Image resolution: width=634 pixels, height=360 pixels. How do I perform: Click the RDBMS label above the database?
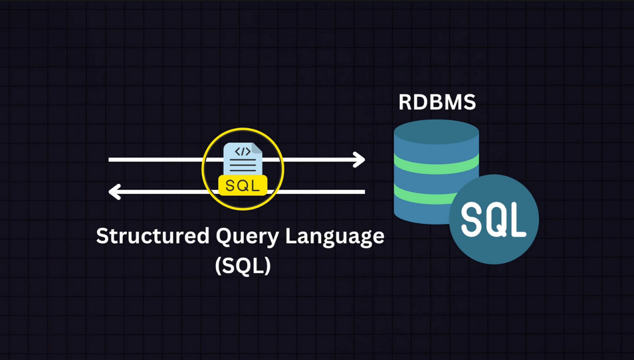pos(437,102)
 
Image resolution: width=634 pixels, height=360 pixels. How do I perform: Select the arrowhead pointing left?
pos(115,191)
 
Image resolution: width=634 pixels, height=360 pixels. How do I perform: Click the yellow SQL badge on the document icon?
pos(242,185)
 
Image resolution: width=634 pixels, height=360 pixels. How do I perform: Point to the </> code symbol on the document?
pos(242,152)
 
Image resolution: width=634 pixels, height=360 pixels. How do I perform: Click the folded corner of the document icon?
pos(257,147)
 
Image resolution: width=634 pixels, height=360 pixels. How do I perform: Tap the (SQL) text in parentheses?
pos(242,265)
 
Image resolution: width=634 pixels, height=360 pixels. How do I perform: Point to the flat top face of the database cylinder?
pos(436,130)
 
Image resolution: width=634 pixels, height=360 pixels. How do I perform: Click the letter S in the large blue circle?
pos(472,220)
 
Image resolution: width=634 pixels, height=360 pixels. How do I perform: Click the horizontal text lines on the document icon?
pos(242,166)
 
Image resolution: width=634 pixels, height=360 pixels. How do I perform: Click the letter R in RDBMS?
pos(406,102)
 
